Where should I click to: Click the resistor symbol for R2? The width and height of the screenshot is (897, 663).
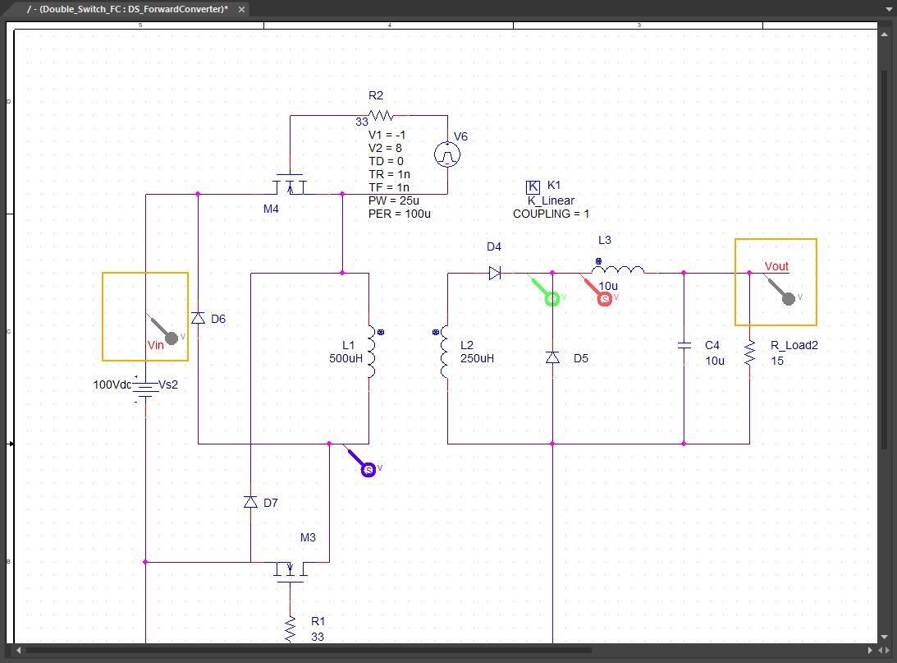click(381, 115)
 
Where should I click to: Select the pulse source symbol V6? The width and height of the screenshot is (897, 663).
click(447, 154)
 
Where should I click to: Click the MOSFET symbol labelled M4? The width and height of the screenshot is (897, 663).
click(290, 185)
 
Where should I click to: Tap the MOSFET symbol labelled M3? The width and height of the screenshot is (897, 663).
click(290, 572)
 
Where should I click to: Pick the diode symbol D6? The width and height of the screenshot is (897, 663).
click(198, 318)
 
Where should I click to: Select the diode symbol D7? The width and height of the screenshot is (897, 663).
click(250, 502)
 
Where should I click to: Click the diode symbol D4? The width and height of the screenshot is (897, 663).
click(496, 273)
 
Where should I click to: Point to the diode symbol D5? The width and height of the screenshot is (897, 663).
click(552, 358)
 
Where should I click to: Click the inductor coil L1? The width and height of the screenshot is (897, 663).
click(371, 352)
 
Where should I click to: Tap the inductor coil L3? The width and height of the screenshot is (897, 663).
click(618, 269)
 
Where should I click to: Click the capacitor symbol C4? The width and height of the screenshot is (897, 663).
click(684, 345)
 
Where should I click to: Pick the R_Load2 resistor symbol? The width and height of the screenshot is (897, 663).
click(749, 352)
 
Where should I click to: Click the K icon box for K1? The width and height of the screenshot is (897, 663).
click(533, 186)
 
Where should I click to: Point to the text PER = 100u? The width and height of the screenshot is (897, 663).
click(400, 214)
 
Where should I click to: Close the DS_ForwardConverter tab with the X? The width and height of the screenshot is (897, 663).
click(241, 9)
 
